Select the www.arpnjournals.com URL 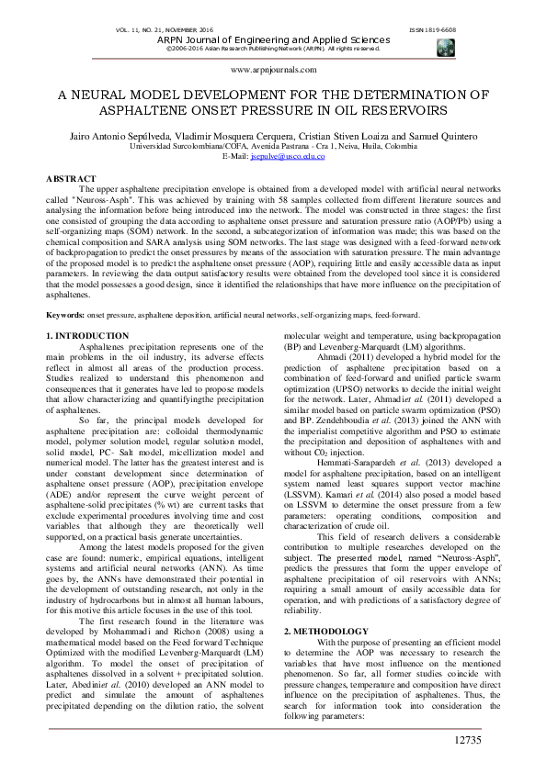click(x=274, y=70)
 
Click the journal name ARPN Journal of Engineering click(x=274, y=40)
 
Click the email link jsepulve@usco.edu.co click(x=288, y=156)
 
